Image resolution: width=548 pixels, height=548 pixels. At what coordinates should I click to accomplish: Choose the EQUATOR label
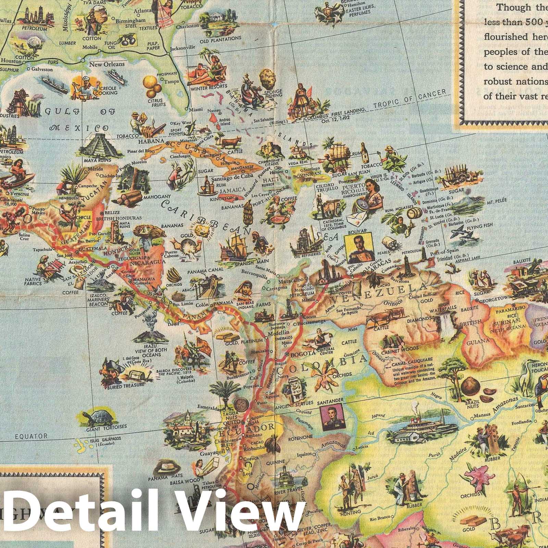pos(31,436)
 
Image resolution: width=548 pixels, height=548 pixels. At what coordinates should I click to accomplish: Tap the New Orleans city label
pos(107,64)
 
